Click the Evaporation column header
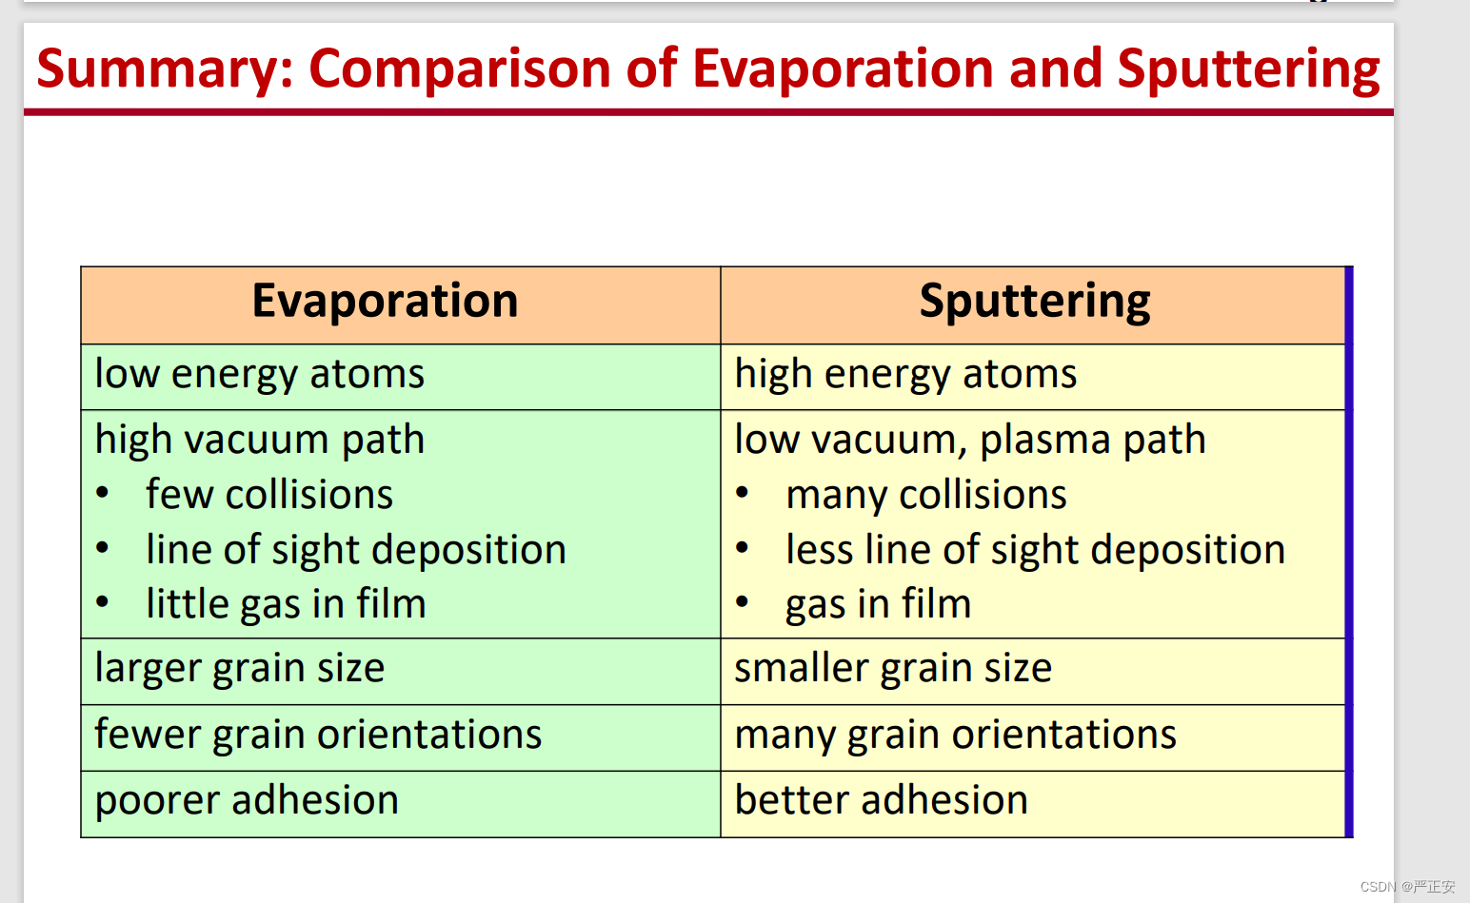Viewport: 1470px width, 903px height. (x=386, y=302)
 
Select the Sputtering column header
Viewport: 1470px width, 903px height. (x=1034, y=302)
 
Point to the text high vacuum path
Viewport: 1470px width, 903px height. (x=259, y=440)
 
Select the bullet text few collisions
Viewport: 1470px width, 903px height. (x=269, y=494)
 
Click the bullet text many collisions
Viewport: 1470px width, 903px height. (x=926, y=495)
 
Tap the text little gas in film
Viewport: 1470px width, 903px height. (x=286, y=604)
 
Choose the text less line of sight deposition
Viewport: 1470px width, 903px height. (x=1036, y=550)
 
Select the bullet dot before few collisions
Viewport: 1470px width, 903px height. (x=103, y=493)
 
